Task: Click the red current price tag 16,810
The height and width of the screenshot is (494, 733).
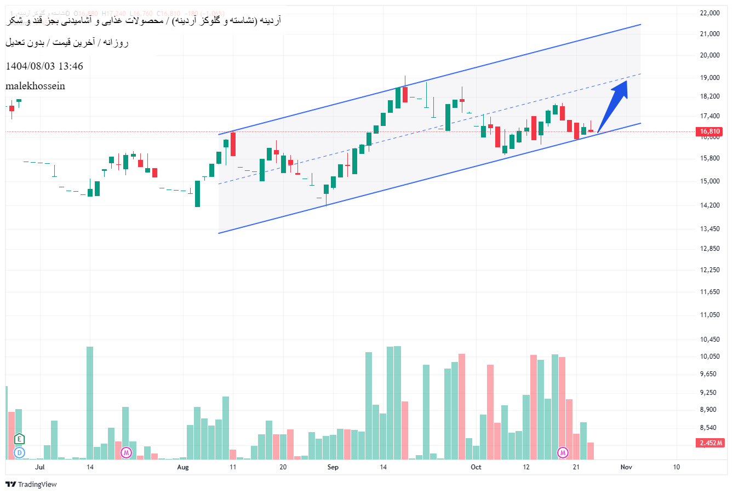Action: coord(709,131)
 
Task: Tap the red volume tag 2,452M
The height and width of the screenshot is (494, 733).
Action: coord(711,443)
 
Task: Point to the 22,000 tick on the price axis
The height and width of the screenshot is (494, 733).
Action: coord(709,13)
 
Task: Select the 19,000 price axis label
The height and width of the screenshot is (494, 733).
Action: coord(709,78)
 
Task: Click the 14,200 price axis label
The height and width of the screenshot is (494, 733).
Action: coord(709,205)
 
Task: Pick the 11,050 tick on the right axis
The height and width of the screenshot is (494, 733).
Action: coord(709,315)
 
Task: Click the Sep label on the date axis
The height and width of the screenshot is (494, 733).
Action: coord(333,467)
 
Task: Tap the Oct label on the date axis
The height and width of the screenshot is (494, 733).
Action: coord(476,467)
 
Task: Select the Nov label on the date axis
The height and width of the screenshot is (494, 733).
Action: coord(626,467)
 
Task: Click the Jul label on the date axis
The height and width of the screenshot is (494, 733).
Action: coord(39,467)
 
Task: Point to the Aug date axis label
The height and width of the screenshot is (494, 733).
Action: coord(183,467)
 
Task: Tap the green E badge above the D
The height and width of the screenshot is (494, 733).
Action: coord(20,439)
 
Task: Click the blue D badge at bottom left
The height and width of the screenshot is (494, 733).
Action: coord(20,452)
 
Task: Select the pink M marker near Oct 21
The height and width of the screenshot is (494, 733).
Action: coord(563,452)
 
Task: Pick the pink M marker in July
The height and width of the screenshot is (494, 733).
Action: coord(127,452)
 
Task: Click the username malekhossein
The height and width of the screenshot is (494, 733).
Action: coord(35,86)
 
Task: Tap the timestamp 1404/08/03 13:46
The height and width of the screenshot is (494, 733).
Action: coord(44,66)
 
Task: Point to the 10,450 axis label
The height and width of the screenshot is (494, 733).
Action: coord(709,340)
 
